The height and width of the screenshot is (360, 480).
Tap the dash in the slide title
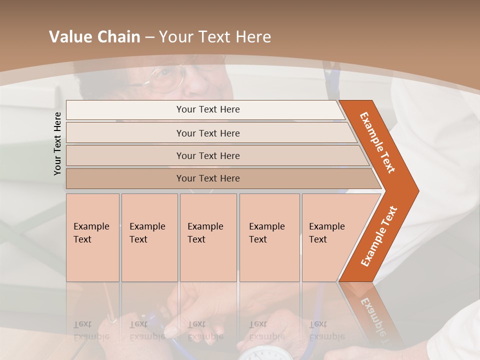(x=149, y=37)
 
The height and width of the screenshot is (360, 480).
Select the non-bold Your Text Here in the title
(x=215, y=37)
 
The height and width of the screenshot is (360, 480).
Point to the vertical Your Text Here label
(x=57, y=143)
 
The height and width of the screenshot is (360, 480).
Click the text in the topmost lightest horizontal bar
(x=208, y=109)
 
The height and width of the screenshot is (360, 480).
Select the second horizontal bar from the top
(x=208, y=133)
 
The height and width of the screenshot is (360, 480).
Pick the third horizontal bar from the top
(x=208, y=156)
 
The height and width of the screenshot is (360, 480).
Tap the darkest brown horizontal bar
(x=208, y=178)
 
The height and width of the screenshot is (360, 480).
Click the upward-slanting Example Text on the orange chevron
(x=379, y=236)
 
